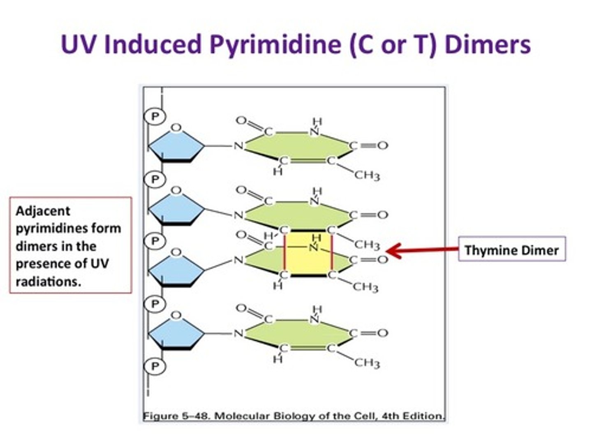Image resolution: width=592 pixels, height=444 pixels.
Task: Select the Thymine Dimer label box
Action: (512, 249)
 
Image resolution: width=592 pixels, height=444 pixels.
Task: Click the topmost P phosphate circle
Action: (155, 117)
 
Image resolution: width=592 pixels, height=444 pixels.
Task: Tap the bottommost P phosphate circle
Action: (155, 366)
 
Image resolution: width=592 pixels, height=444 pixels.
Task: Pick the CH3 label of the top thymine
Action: (367, 176)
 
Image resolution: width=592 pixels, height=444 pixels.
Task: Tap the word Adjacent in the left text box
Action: (43, 211)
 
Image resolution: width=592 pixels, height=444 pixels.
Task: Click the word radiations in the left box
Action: (48, 282)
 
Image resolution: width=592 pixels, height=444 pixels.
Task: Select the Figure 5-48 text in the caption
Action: (176, 416)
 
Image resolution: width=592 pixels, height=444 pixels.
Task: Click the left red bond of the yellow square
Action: (284, 252)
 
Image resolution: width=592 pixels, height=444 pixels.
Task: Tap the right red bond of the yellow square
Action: (332, 252)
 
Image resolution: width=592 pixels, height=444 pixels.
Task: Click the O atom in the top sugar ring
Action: (176, 127)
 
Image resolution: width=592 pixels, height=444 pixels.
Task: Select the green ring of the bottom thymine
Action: (298, 333)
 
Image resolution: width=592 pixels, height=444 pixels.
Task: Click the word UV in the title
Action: (79, 44)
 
